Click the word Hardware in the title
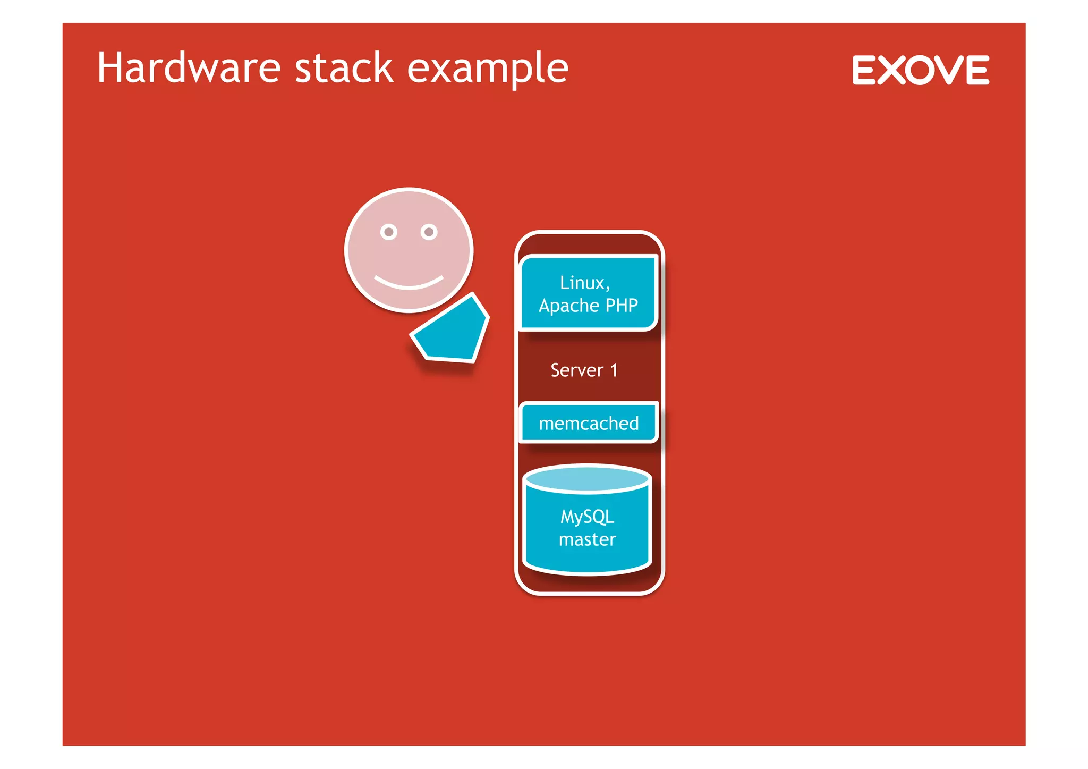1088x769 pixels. coord(189,68)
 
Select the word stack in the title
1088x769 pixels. coord(344,68)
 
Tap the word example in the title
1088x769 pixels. coord(488,69)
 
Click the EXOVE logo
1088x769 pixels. coord(921,70)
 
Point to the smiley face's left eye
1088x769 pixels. coord(389,232)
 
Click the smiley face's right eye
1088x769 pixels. coord(429,232)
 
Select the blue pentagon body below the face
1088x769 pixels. coord(452,332)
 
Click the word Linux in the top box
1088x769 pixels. coord(582,283)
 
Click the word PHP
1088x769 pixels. coord(622,306)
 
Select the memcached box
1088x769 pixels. coord(589,423)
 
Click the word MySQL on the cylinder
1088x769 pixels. coord(587,517)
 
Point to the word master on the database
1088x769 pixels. coord(587,540)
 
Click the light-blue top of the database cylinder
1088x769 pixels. coord(587,478)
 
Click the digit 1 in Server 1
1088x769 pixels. coord(614,370)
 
